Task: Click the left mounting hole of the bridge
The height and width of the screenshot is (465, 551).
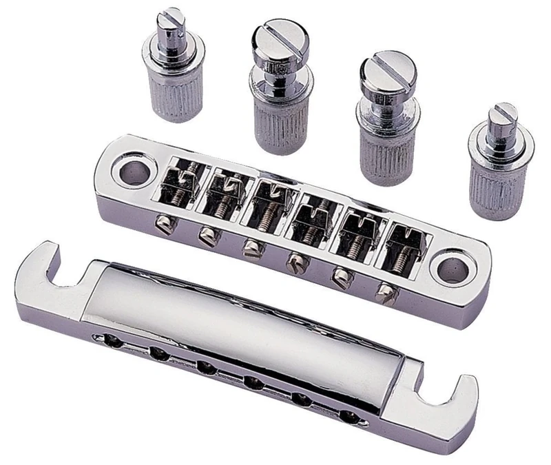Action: coord(128,169)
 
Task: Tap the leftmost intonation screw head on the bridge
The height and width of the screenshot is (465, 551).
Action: coord(163,224)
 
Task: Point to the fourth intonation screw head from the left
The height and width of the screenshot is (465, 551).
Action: coord(296,262)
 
